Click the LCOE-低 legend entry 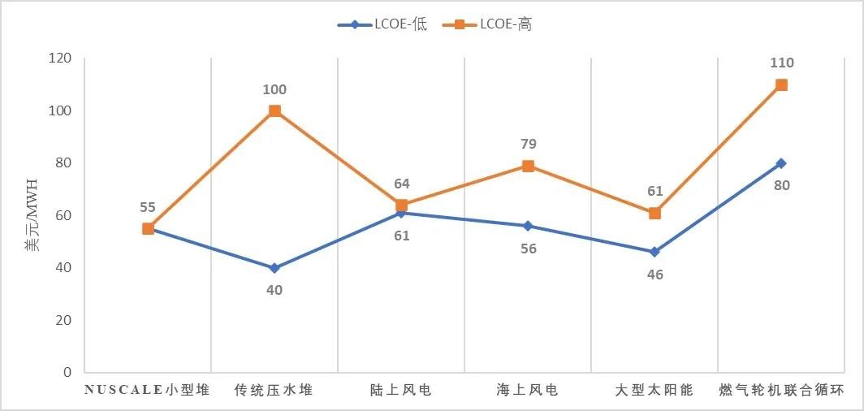tap(382, 24)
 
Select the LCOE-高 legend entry tap(487, 24)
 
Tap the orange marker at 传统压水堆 tap(274, 110)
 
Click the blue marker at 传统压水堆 tap(274, 268)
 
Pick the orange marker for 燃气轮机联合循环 tap(781, 84)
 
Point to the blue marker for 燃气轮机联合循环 tap(781, 163)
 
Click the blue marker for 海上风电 tap(528, 226)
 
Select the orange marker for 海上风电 tap(528, 166)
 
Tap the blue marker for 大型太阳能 tap(654, 252)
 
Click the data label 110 tap(781, 63)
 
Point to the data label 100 tap(274, 89)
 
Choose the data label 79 tap(528, 144)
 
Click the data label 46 tap(654, 275)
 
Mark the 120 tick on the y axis tap(62, 58)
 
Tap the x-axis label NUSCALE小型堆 tap(148, 391)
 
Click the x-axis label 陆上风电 tap(401, 391)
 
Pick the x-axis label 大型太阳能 tap(654, 391)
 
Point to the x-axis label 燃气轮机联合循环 tap(781, 391)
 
